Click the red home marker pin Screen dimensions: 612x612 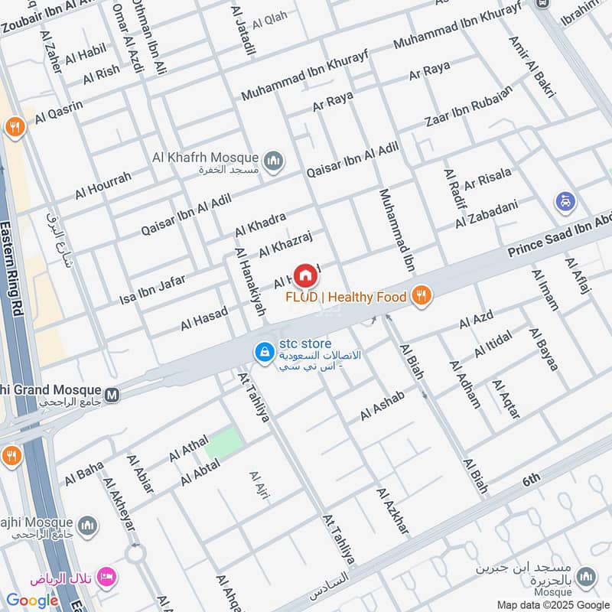pyautogui.click(x=304, y=275)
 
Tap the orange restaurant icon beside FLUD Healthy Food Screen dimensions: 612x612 pyautogui.click(x=420, y=295)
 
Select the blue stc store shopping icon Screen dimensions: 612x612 pyautogui.click(x=264, y=352)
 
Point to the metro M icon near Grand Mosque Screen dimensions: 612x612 pyautogui.click(x=112, y=395)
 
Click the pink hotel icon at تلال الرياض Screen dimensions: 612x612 pyautogui.click(x=107, y=576)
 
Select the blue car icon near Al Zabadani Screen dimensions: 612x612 pyautogui.click(x=565, y=202)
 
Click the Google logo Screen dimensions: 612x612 pyautogui.click(x=32, y=601)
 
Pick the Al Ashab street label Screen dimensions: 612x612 pyautogui.click(x=382, y=406)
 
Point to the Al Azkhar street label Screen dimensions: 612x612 pyautogui.click(x=392, y=510)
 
